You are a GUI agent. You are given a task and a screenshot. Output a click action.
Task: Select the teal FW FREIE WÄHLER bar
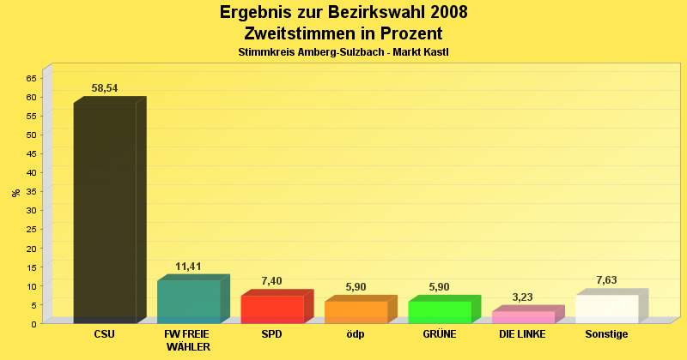tap(189, 302)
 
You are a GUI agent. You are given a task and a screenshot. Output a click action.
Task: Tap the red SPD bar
tap(272, 309)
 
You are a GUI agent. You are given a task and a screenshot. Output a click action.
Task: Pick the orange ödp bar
tap(356, 312)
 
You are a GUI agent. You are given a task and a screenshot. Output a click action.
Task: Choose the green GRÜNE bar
tap(440, 312)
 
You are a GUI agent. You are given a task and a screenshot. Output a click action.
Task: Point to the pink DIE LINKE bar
tap(523, 317)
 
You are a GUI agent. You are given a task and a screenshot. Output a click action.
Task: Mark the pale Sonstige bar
tap(607, 309)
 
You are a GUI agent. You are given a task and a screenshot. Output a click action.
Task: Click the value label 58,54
tap(105, 88)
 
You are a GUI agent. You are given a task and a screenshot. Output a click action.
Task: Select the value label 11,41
tap(188, 267)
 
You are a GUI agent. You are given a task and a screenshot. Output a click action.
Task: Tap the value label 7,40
tap(271, 281)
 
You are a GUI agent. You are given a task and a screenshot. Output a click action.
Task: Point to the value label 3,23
tap(522, 297)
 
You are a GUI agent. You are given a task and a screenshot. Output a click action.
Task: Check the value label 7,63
tap(606, 280)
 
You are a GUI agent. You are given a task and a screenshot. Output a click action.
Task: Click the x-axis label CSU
tap(105, 334)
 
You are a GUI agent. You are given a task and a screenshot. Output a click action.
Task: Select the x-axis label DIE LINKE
tap(522, 334)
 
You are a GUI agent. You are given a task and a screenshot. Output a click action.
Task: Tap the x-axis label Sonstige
tap(606, 334)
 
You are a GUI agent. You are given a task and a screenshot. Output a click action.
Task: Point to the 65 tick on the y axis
tap(31, 78)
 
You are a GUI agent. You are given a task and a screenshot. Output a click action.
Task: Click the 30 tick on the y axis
tap(31, 210)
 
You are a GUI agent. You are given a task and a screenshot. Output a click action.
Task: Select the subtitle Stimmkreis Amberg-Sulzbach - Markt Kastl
tap(343, 52)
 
